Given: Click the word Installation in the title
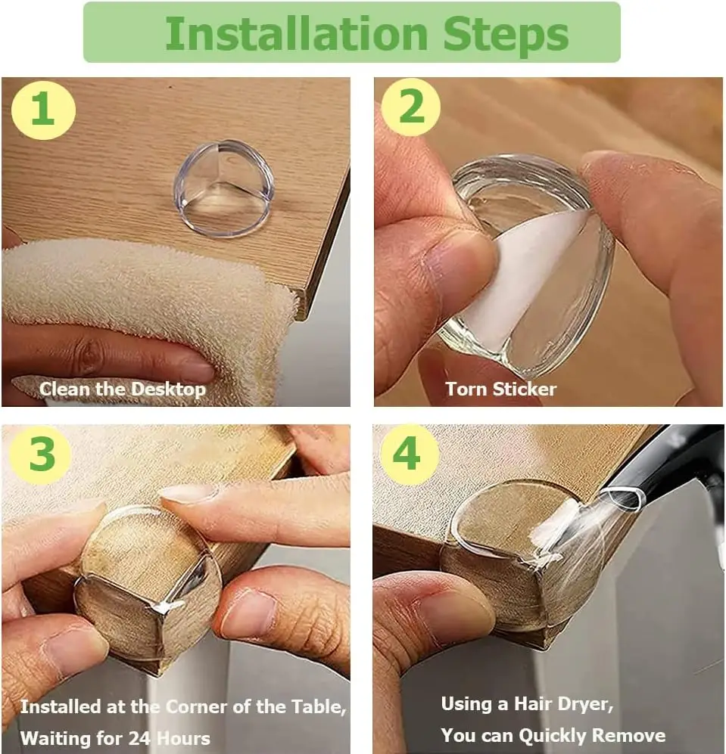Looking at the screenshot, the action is click(x=297, y=33).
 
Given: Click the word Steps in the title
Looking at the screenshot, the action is click(x=506, y=35).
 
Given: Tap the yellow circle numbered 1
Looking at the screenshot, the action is click(x=43, y=110).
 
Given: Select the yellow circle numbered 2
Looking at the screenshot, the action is click(x=410, y=107).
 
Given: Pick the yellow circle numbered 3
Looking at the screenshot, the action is click(x=41, y=455).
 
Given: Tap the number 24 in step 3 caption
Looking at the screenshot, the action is click(x=139, y=738).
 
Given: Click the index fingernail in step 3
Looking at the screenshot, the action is click(x=188, y=494).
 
